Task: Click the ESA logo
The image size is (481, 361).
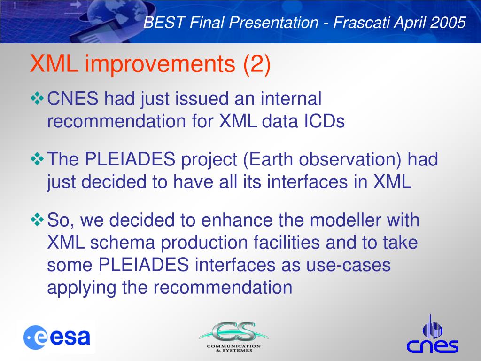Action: pos(57,337)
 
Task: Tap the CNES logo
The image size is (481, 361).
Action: pos(433,335)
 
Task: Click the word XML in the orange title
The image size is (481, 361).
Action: pos(54,63)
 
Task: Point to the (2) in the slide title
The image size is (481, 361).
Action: pos(257,64)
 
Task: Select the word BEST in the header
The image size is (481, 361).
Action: pos(164,23)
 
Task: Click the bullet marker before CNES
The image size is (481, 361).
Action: pos(38,99)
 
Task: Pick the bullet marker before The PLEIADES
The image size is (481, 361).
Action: pos(38,159)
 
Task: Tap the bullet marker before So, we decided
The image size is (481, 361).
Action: pos(38,220)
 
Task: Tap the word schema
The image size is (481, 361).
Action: pos(123,243)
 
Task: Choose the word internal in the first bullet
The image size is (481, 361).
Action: pos(291,99)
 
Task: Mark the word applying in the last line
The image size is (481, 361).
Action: pos(81,289)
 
